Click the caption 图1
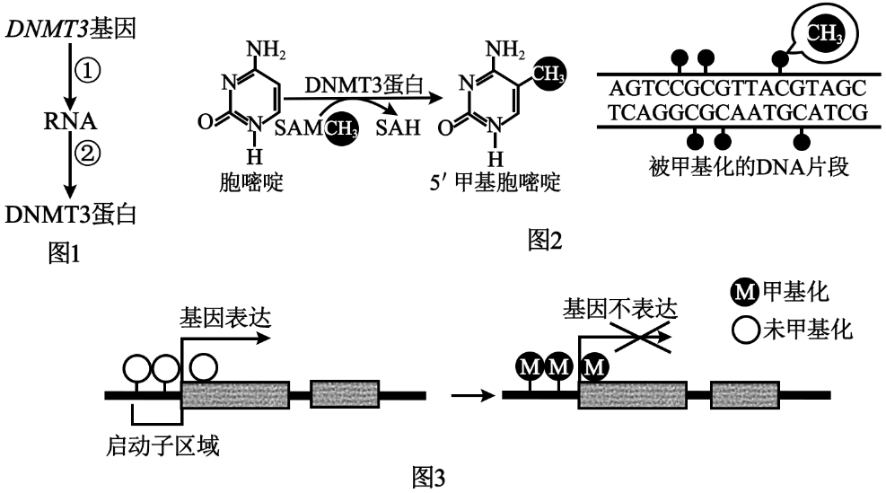pyautogui.click(x=64, y=255)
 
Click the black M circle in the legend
pyautogui.click(x=746, y=292)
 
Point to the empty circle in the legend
pyautogui.click(x=746, y=330)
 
